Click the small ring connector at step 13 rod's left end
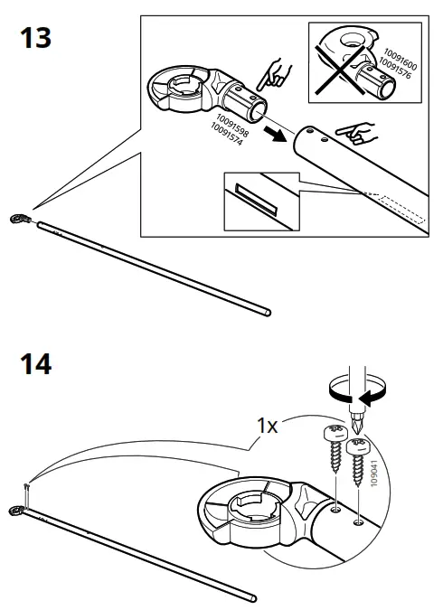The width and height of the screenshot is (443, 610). tap(19, 218)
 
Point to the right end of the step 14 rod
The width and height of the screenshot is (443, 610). tap(252, 596)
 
